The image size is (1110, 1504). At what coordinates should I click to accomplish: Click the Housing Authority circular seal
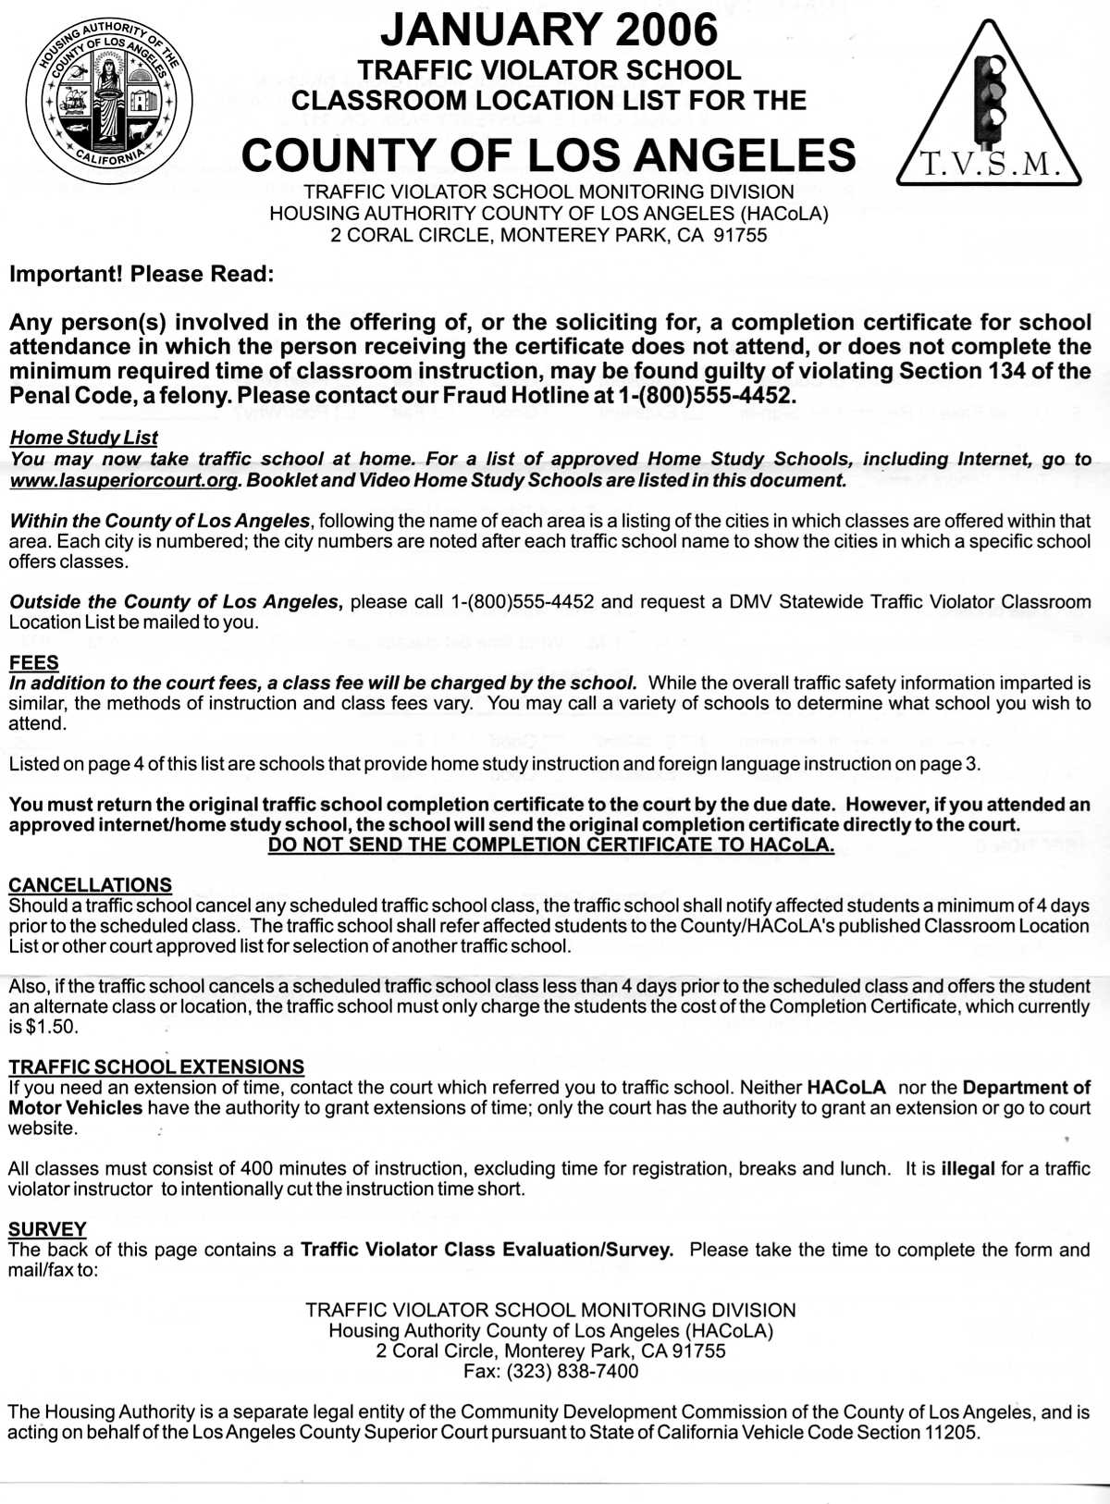click(x=109, y=99)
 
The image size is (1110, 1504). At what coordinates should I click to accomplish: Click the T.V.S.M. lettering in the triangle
click(x=989, y=165)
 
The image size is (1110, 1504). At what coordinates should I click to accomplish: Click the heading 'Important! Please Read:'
click(x=142, y=275)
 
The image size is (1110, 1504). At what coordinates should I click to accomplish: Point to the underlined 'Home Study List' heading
click(x=83, y=438)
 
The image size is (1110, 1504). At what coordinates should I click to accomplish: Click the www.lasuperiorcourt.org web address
click(x=122, y=481)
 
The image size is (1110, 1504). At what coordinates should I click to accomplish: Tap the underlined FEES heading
click(x=33, y=662)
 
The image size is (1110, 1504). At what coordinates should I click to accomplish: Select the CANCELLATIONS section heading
click(x=90, y=885)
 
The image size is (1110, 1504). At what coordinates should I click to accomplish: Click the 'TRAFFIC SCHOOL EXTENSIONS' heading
click(x=156, y=1066)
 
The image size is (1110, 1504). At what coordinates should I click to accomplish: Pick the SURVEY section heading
click(x=47, y=1229)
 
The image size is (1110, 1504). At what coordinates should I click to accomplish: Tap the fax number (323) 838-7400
click(x=572, y=1371)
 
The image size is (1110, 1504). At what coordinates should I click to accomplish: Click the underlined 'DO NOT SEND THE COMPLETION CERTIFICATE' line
click(x=551, y=845)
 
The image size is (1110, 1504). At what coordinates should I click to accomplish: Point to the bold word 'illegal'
click(x=968, y=1168)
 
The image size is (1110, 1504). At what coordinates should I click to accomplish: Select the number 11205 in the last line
click(x=952, y=1433)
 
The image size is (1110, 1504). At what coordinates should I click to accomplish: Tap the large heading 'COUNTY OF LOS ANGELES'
click(x=549, y=155)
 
